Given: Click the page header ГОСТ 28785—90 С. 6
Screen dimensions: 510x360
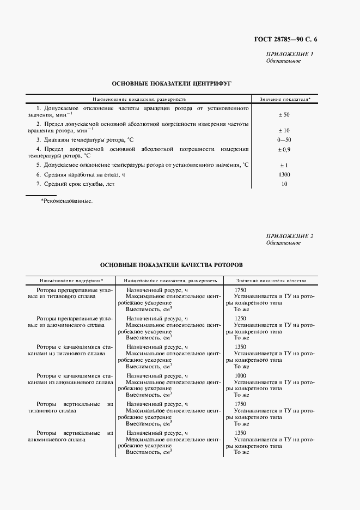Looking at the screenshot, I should point(285,39).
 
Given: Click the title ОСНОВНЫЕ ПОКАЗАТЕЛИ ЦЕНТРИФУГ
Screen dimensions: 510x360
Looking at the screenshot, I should point(172,84).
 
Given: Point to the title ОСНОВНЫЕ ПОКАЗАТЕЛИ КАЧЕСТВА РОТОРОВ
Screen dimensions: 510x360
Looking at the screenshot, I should point(172,264).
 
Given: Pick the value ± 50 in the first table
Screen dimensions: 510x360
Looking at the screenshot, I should point(284,115).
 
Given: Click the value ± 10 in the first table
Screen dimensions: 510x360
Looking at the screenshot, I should point(284,130).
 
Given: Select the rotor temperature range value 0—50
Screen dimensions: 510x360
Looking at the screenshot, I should point(284,140).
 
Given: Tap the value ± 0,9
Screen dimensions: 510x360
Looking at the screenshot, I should point(284,149).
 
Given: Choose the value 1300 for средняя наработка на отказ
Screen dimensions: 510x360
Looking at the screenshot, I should point(284,174).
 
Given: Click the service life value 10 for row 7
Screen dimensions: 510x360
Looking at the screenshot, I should point(284,184).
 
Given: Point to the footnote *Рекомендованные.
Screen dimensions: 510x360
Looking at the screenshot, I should point(66,201).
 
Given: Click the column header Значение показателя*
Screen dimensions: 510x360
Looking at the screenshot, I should point(285,100).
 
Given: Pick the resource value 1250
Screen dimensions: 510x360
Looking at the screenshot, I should point(240,319).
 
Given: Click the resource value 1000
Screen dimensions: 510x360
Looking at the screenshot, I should point(240,375).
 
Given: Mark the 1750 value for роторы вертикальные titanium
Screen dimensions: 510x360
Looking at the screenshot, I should point(240,404).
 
